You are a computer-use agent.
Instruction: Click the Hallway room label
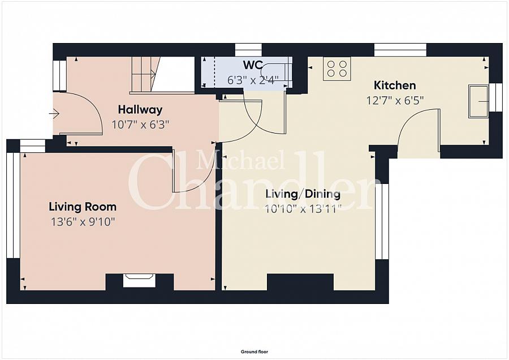pyautogui.click(x=140, y=110)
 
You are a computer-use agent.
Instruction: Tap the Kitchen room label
pyautogui.click(x=395, y=85)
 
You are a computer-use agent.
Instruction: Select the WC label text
pyautogui.click(x=253, y=65)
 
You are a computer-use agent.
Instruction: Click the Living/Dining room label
pyautogui.click(x=303, y=194)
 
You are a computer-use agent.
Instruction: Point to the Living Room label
pyautogui.click(x=83, y=207)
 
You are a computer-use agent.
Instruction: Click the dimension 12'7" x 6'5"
pyautogui.click(x=395, y=100)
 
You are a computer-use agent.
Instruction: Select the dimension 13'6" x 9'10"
pyautogui.click(x=83, y=222)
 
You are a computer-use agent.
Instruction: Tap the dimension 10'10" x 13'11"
pyautogui.click(x=303, y=209)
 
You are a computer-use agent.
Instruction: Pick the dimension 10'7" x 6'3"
pyautogui.click(x=140, y=125)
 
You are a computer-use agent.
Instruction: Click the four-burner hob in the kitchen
pyautogui.click(x=337, y=69)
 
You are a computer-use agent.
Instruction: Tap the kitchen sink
pyautogui.click(x=478, y=101)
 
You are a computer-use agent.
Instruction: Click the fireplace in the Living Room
pyautogui.click(x=140, y=280)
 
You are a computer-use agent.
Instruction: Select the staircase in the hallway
pyautogui.click(x=146, y=75)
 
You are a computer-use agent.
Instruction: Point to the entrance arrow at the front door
pyautogui.click(x=54, y=114)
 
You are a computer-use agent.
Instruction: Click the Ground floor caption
pyautogui.click(x=254, y=352)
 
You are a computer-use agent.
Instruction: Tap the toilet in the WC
pyautogui.click(x=275, y=71)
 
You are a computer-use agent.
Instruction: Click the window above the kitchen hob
pyautogui.click(x=400, y=50)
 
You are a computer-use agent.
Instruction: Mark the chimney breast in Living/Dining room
pyautogui.click(x=300, y=282)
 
